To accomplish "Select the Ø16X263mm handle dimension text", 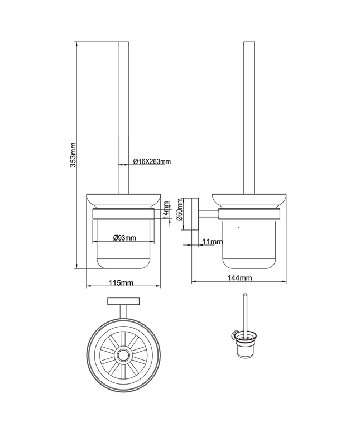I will click(152, 161).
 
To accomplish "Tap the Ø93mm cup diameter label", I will click(124, 238).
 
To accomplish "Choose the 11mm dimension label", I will click(213, 242).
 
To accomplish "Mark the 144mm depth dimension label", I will click(241, 277).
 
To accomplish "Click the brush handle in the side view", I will click(248, 112).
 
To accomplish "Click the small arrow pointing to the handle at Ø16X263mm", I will click(129, 164).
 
